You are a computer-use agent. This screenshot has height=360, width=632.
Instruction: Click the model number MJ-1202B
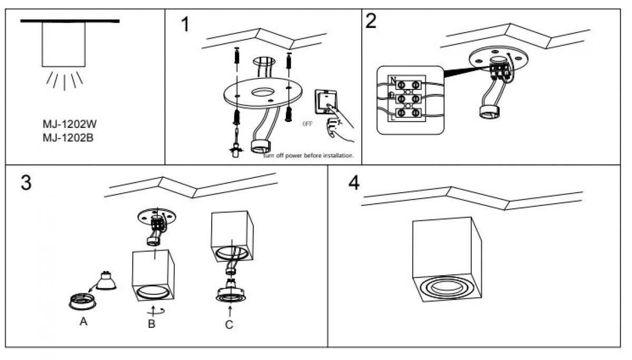point(70,138)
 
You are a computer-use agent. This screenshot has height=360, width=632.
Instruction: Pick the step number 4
point(354,183)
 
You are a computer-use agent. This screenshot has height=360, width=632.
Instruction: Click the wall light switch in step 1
point(325,102)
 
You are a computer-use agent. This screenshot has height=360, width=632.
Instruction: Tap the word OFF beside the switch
point(308,125)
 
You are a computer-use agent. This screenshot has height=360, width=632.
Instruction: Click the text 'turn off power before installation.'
point(309,156)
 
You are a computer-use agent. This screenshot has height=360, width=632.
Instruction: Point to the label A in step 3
point(83,322)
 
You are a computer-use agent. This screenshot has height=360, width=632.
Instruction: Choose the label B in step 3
point(152,324)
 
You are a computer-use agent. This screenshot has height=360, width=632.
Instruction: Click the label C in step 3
point(229,325)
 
